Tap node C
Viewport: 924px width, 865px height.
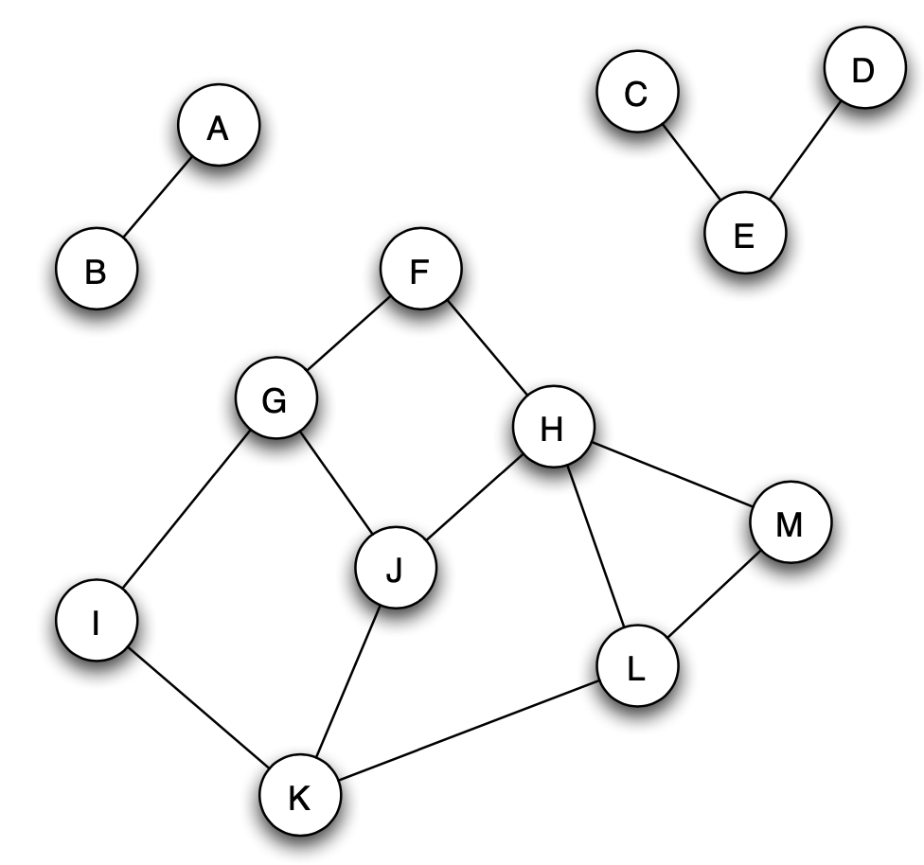pos(637,94)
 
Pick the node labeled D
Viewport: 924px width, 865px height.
pos(862,72)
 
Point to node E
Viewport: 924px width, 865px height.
pos(744,235)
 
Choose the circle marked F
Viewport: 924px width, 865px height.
pos(420,271)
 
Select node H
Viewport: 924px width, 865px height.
pos(552,430)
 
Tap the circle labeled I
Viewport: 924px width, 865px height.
pos(96,623)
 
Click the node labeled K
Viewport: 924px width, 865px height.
pos(300,799)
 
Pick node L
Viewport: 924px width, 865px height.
pos(637,669)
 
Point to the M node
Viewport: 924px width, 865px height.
pos(790,523)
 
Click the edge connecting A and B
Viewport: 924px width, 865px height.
pos(157,200)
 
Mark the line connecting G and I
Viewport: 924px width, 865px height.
pos(186,512)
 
